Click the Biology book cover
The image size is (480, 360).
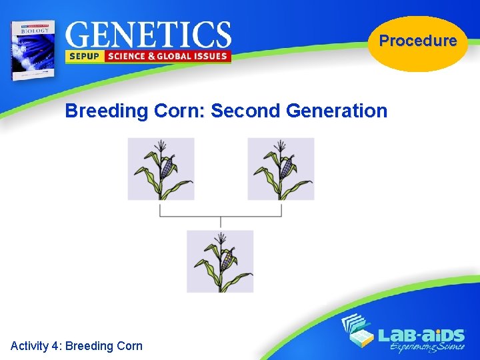coord(31,49)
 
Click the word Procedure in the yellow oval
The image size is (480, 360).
coord(418,41)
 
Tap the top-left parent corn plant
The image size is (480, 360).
coord(161,169)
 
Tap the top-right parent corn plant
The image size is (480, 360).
coord(281,169)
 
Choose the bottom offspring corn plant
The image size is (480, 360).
coord(220,261)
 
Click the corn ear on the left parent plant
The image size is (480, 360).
coord(168,166)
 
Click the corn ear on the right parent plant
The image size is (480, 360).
coord(288,166)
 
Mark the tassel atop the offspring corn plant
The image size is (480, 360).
coord(220,237)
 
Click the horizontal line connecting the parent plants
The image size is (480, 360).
coord(220,216)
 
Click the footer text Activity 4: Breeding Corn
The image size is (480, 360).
coord(77,345)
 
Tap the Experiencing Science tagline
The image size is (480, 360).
coord(427,347)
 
